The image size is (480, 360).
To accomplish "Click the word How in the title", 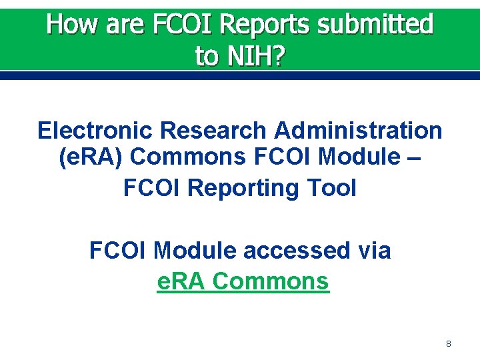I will click(x=71, y=25).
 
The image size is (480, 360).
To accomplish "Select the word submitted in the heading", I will click(x=375, y=25).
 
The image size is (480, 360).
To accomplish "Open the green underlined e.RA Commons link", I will click(x=243, y=281).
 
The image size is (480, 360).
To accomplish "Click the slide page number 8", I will click(x=448, y=344).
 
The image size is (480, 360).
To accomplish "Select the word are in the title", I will click(x=124, y=25).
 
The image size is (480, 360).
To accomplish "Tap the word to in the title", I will click(x=207, y=56).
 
